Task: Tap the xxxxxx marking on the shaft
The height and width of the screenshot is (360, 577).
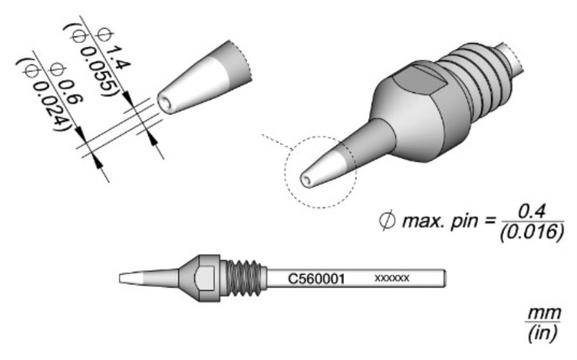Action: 392,279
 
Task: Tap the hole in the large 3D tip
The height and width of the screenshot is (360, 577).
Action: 309,180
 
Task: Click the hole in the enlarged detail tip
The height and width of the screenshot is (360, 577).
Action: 169,103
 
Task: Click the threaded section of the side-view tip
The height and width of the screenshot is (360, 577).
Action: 244,278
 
